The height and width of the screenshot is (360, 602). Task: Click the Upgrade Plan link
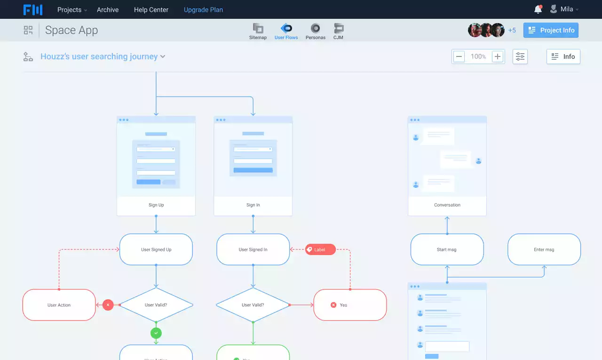pos(203,9)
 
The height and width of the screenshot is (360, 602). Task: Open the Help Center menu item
pos(151,9)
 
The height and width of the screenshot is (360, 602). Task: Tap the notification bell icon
pos(538,9)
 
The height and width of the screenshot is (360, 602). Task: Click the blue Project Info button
pos(551,30)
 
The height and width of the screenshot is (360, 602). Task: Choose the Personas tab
pos(315,31)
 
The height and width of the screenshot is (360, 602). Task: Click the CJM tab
pos(338,31)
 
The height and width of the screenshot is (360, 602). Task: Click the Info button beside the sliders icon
pos(563,56)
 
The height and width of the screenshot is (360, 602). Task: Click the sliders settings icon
pos(520,56)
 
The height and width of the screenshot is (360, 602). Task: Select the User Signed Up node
pos(156,249)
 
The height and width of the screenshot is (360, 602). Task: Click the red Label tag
pos(320,249)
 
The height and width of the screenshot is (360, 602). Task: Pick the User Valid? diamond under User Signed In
pos(253,305)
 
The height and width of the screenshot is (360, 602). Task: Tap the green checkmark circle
pos(156,333)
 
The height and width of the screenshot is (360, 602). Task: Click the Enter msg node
pos(544,249)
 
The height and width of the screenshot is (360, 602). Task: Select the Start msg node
pos(447,249)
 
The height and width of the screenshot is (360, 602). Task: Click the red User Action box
pos(59,305)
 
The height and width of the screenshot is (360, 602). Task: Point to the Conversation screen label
pos(447,205)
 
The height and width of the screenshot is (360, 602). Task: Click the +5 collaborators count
pos(512,30)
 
